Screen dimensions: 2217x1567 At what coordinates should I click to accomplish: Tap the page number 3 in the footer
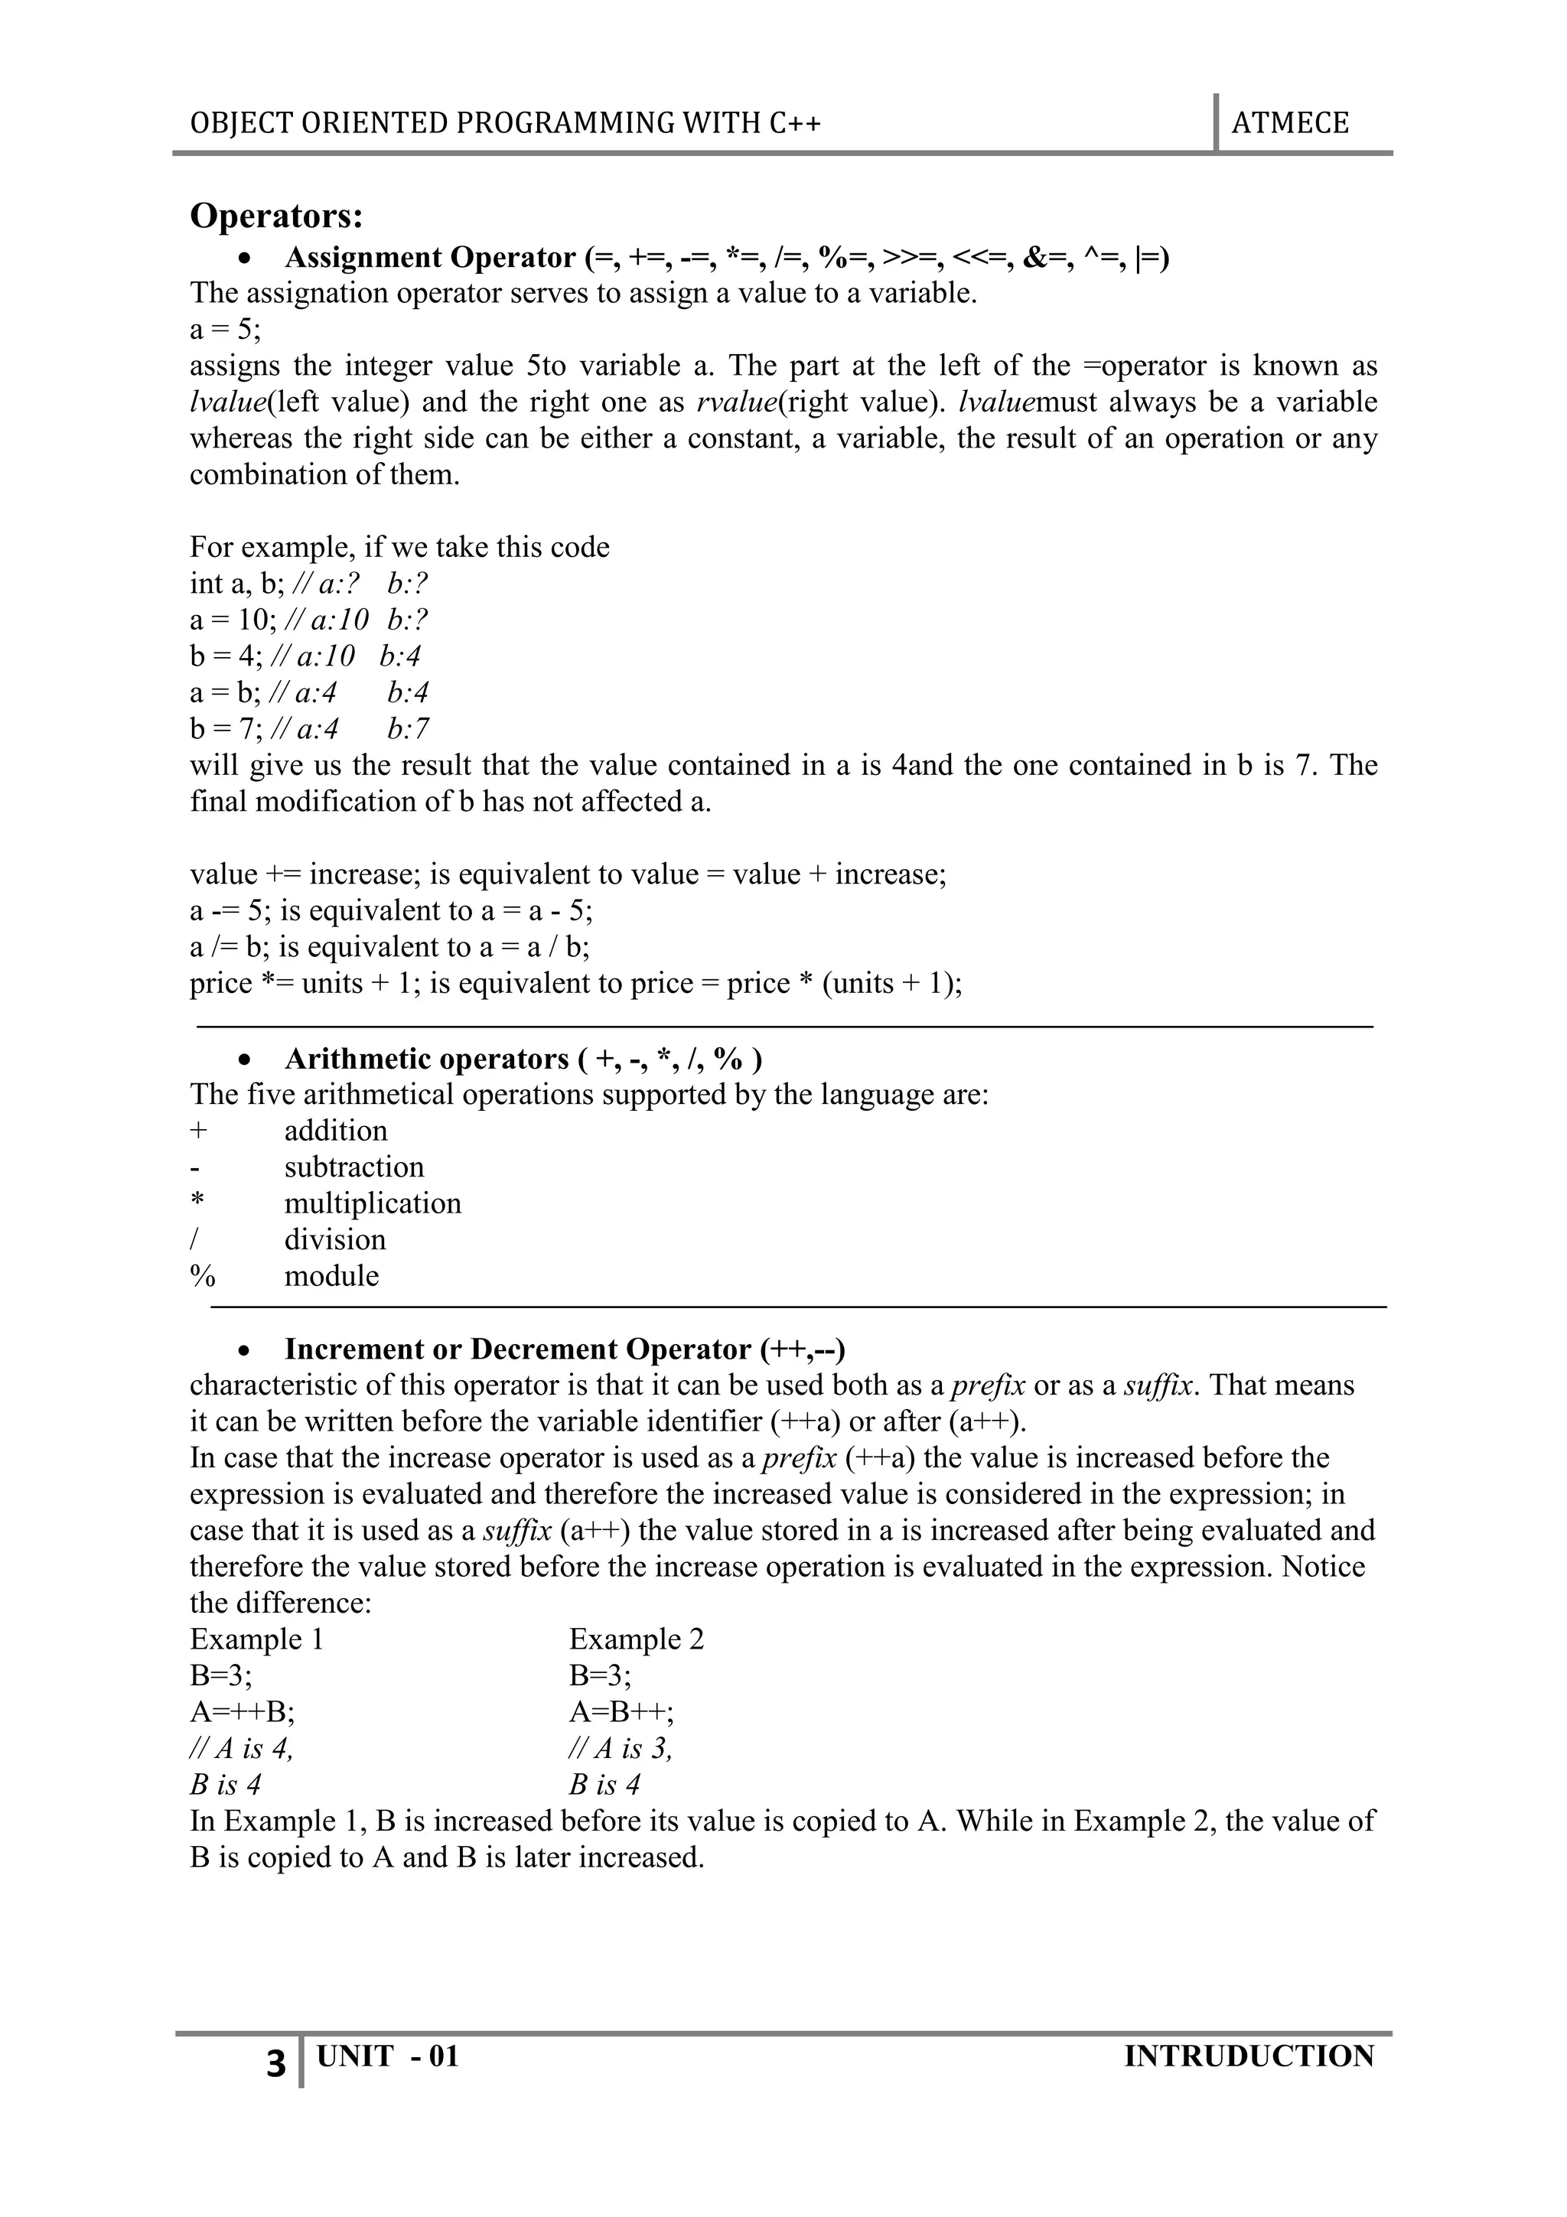tap(276, 2062)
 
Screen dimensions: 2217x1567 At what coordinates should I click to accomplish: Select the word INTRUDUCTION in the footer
tap(1249, 2056)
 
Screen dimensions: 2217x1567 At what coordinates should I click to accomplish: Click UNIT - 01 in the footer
tap(387, 2056)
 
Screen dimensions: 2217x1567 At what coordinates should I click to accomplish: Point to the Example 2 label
tap(637, 1639)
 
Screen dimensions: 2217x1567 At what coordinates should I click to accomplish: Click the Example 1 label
tap(257, 1639)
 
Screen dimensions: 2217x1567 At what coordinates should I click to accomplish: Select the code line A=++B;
tap(243, 1712)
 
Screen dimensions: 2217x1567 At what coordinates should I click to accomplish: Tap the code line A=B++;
tap(622, 1712)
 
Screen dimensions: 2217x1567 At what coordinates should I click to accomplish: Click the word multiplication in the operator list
tap(373, 1203)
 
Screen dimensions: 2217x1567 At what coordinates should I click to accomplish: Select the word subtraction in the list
tap(353, 1167)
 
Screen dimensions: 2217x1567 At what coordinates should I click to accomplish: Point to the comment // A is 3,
tap(620, 1748)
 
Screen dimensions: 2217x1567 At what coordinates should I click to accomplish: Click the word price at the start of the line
tap(220, 983)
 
